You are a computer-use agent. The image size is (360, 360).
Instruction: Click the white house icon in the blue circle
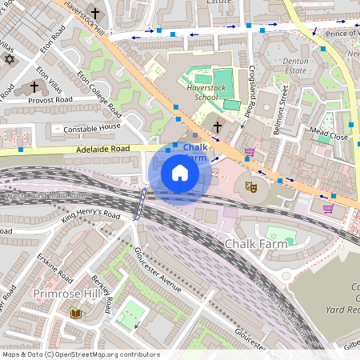pyautogui.click(x=180, y=173)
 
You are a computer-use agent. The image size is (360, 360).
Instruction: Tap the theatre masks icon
pyautogui.click(x=250, y=186)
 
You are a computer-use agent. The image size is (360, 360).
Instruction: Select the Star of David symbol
pyautogui.click(x=10, y=60)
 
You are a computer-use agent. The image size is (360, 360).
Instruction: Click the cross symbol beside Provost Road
pyautogui.click(x=34, y=86)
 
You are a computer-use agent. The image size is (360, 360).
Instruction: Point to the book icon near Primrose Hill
pyautogui.click(x=76, y=314)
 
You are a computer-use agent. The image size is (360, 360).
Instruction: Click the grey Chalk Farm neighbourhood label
pyautogui.click(x=255, y=243)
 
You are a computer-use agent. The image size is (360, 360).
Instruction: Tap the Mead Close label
pyautogui.click(x=330, y=137)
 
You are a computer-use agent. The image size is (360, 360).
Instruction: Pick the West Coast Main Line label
pyautogui.click(x=44, y=196)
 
